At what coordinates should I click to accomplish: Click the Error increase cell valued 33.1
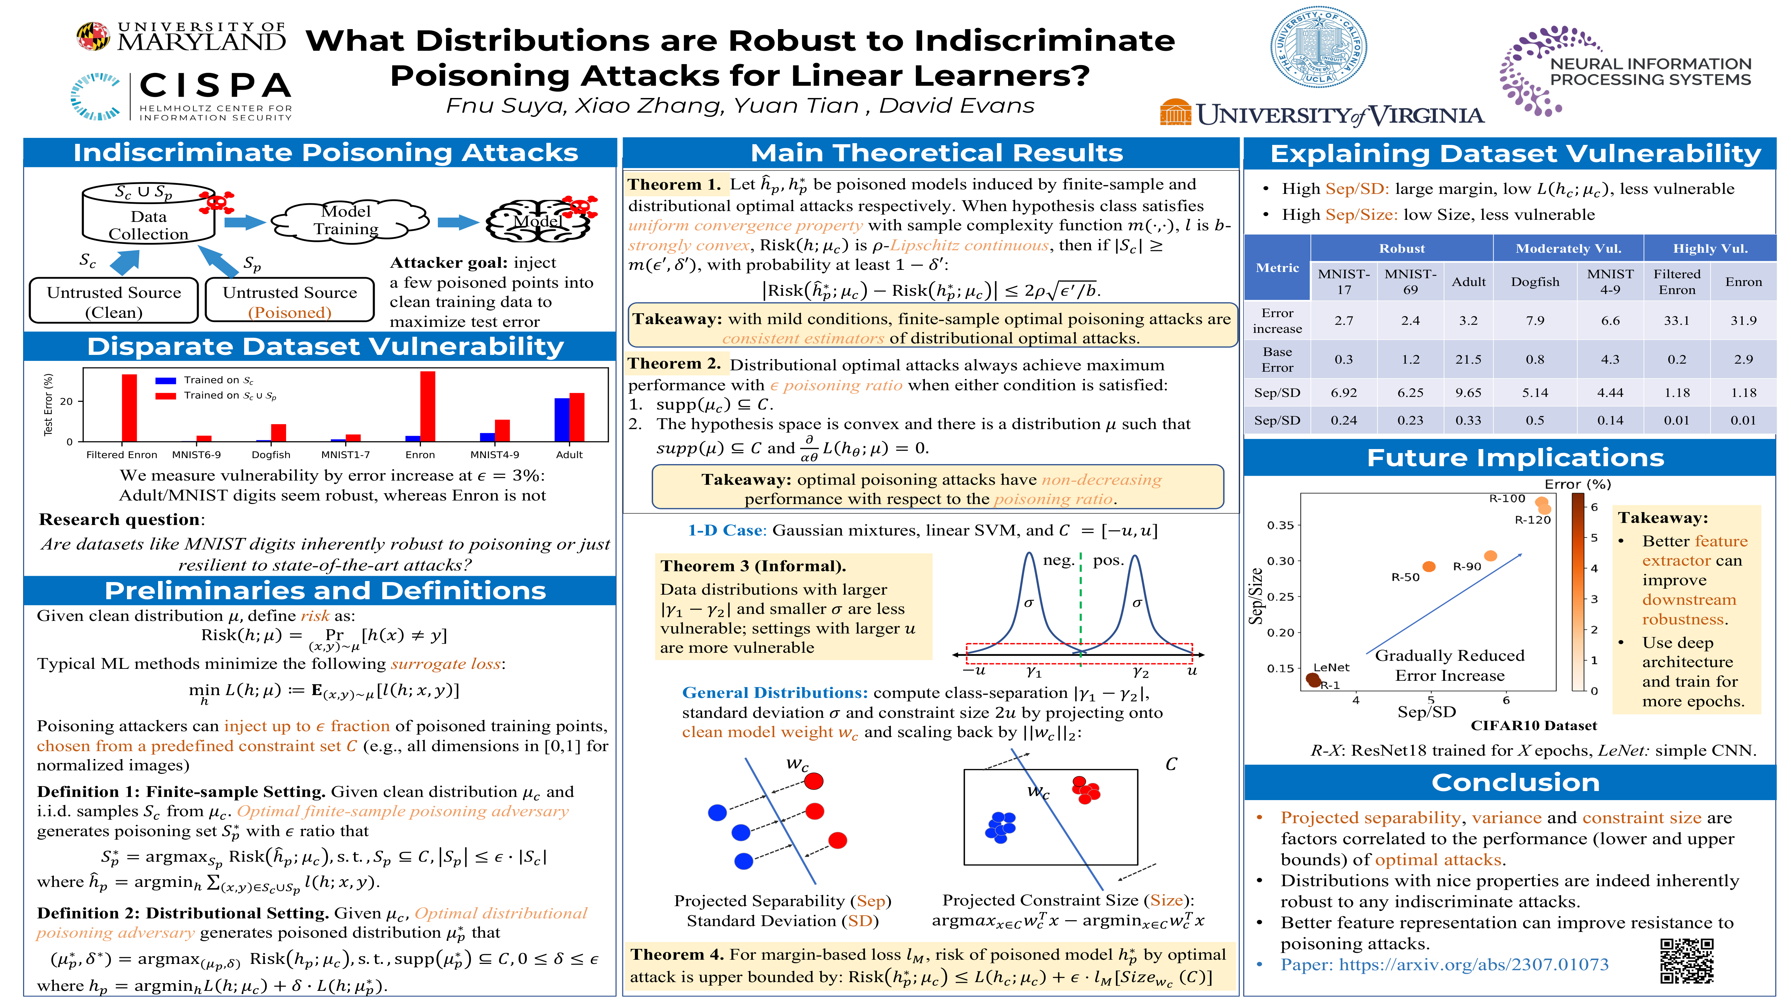tap(1676, 321)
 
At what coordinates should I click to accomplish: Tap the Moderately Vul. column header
tap(1568, 248)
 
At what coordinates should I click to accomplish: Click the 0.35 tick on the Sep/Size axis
tap(1280, 525)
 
